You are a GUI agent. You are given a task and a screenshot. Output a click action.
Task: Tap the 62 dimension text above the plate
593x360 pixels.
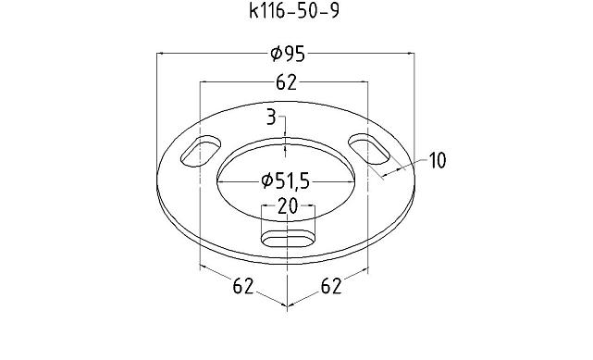click(286, 83)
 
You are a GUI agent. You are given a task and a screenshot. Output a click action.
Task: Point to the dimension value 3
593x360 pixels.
click(271, 117)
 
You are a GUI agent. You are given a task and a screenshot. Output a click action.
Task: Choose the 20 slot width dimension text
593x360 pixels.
click(288, 205)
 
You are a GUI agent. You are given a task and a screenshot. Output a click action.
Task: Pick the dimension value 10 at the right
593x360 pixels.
click(437, 161)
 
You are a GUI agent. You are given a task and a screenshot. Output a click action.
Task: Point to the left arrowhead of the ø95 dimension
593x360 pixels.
click(162, 55)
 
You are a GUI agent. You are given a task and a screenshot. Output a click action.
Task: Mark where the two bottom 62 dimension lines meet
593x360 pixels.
click(288, 305)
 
